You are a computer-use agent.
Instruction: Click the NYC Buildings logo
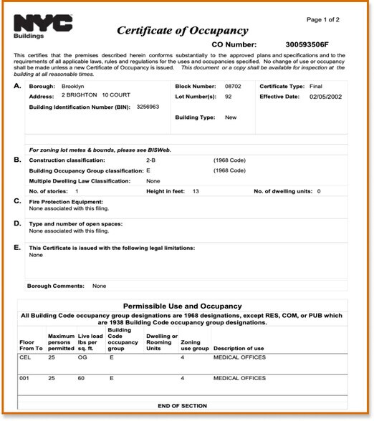point(43,25)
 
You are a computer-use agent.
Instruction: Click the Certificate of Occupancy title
point(182,31)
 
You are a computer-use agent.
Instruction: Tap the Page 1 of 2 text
point(323,19)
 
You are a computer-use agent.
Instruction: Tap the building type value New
point(231,117)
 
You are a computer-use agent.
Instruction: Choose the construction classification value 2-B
point(151,160)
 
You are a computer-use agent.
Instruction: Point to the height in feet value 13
point(196,191)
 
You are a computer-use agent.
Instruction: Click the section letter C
point(17,201)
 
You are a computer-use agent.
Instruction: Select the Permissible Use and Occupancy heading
point(183,306)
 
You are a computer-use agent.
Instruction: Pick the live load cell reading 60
point(81,377)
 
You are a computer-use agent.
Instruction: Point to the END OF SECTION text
point(183,406)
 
